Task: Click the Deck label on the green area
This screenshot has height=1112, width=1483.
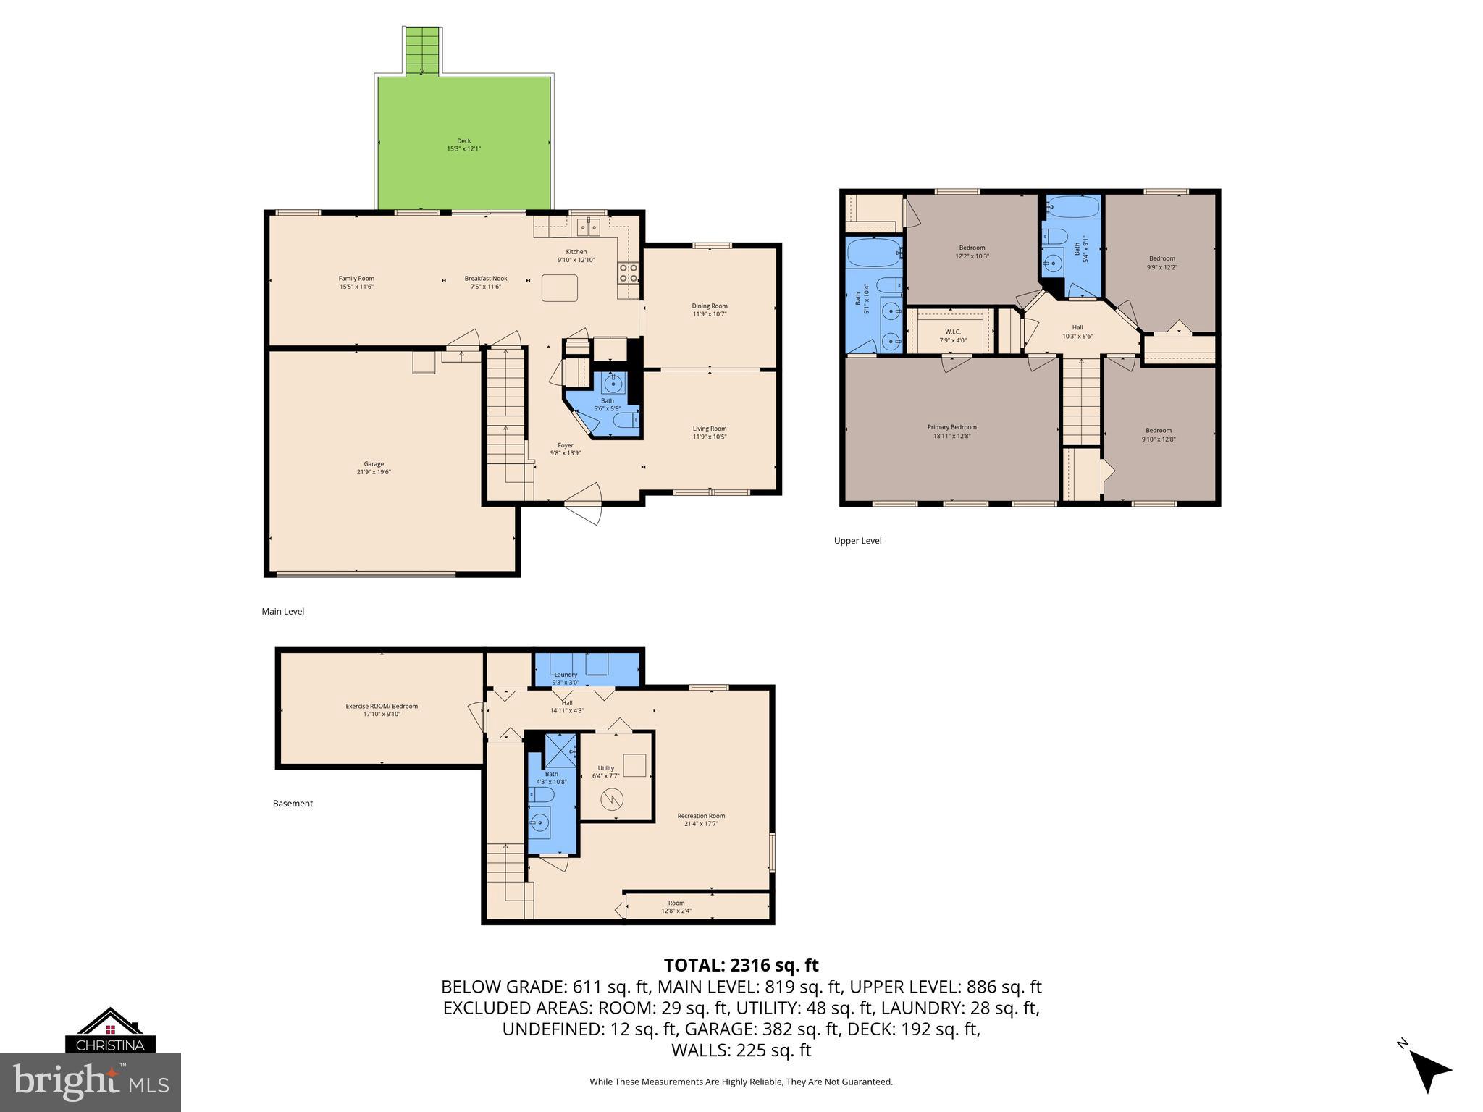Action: tap(463, 145)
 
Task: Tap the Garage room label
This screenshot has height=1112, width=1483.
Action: tap(374, 468)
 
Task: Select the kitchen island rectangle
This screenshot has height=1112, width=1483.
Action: tap(560, 287)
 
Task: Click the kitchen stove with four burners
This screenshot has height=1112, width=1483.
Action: tap(628, 272)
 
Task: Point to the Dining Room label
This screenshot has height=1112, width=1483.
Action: tap(709, 310)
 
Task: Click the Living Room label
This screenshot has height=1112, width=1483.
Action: tap(709, 432)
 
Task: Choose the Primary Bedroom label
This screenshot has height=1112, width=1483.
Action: tap(951, 431)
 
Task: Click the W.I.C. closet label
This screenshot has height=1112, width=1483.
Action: tap(952, 336)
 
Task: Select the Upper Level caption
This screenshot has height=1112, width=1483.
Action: tap(857, 541)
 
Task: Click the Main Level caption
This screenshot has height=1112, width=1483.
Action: tap(282, 612)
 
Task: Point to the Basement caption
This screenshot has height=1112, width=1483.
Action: tap(293, 804)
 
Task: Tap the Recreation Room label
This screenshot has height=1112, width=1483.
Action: tap(701, 820)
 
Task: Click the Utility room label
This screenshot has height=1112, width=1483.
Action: tap(606, 772)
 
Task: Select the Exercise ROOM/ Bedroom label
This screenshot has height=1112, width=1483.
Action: tap(382, 710)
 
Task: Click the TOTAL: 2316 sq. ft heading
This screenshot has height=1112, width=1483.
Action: tap(741, 965)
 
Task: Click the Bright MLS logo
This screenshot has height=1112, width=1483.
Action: tap(91, 1082)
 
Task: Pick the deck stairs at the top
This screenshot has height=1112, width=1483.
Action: tap(422, 51)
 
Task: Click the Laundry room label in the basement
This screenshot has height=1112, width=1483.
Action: tap(566, 678)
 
